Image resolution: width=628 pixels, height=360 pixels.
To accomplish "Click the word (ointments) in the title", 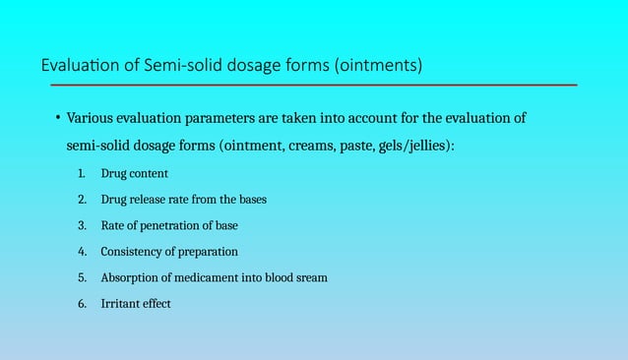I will coord(378,67).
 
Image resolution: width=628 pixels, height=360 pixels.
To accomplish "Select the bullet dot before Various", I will coord(57,118).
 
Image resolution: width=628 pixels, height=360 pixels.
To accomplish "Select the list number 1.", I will coord(82,174).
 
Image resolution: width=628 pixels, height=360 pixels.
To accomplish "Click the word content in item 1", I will coord(149,174).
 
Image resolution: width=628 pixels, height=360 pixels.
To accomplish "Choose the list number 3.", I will coord(82,225).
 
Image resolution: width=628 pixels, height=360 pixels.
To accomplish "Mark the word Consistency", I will coord(134,252).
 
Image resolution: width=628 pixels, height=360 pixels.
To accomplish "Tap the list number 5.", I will coord(82,277).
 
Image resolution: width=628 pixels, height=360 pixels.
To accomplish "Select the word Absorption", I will coord(132,277).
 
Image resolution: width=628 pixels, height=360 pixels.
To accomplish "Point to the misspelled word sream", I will coord(310,277).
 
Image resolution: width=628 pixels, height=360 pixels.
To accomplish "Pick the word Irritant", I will coord(121,304).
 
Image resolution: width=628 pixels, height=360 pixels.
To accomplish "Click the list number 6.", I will coord(82,304).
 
